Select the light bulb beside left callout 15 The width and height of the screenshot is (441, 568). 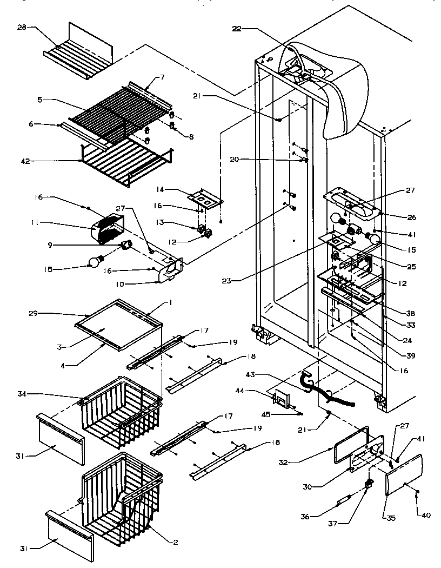(95, 262)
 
